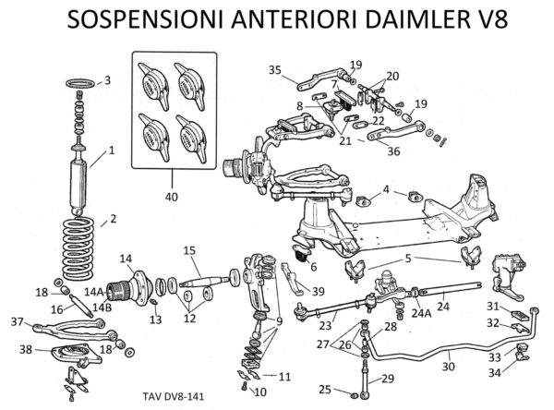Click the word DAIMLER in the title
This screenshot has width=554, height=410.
coord(400,20)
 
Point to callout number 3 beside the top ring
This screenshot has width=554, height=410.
coord(107,81)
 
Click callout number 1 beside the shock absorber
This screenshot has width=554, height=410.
coord(112,150)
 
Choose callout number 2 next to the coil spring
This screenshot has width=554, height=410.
coord(113,219)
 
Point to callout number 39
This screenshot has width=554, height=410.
coord(319,291)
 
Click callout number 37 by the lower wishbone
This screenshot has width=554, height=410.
coord(16,321)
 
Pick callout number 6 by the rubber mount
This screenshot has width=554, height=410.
coord(312,267)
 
